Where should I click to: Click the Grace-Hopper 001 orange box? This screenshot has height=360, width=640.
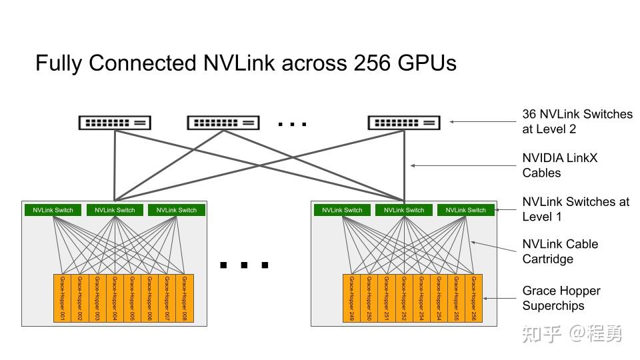(62, 298)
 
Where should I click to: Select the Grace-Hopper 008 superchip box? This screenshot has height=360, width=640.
(185, 298)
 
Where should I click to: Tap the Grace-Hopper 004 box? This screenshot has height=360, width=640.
(115, 298)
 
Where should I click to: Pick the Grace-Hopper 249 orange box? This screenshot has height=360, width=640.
(352, 298)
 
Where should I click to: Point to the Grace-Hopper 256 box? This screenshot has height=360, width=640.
(474, 298)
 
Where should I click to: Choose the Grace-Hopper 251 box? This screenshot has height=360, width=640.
(387, 298)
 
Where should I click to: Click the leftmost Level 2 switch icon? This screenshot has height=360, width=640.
(115, 123)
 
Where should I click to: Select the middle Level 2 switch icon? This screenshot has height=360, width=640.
(223, 123)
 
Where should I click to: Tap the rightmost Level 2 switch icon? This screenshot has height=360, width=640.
(404, 123)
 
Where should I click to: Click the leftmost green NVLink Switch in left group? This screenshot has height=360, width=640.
(53, 210)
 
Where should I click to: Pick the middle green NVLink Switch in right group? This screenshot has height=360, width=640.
(404, 210)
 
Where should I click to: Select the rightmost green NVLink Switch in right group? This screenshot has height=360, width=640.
(466, 210)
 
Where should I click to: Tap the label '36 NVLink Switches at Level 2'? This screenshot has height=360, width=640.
(577, 121)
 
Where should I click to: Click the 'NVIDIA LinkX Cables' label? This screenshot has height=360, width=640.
(560, 165)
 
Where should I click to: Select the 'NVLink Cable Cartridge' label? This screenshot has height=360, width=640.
(560, 251)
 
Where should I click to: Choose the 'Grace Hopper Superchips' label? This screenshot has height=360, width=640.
(561, 298)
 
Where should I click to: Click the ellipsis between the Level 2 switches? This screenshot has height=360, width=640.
(292, 124)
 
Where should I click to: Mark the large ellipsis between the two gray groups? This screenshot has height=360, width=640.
(244, 265)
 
